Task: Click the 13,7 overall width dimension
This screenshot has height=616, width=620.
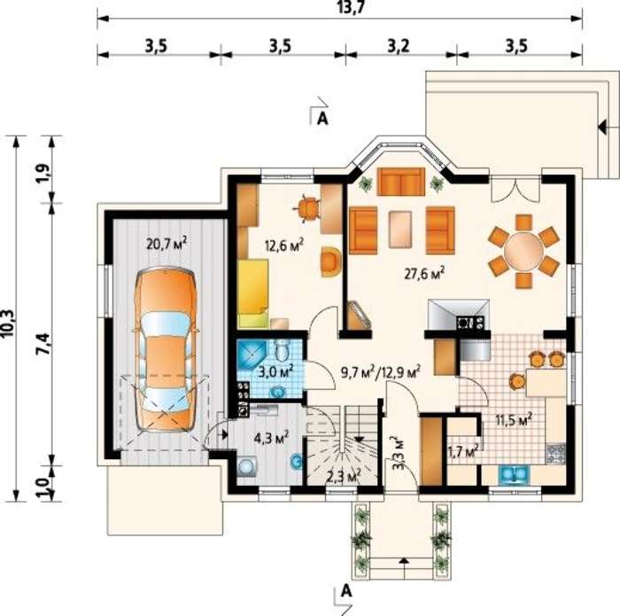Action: tap(350, 7)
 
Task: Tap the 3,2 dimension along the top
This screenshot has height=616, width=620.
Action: tap(399, 46)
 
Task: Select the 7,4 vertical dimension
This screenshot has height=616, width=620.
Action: tap(43, 343)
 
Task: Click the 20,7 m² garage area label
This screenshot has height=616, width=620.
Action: tap(167, 244)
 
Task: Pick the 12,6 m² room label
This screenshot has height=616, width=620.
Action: tap(284, 246)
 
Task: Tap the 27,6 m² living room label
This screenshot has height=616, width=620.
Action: tap(424, 273)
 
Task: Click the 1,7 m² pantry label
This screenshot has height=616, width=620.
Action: tap(463, 450)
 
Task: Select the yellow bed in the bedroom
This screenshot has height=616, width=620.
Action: tap(253, 293)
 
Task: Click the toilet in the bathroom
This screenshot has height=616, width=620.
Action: tap(282, 350)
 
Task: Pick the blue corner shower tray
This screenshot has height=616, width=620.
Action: tap(251, 355)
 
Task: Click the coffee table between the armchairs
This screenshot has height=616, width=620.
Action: tap(400, 230)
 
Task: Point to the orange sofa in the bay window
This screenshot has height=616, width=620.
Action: tap(400, 182)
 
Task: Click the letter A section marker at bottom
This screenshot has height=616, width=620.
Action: tap(346, 590)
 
